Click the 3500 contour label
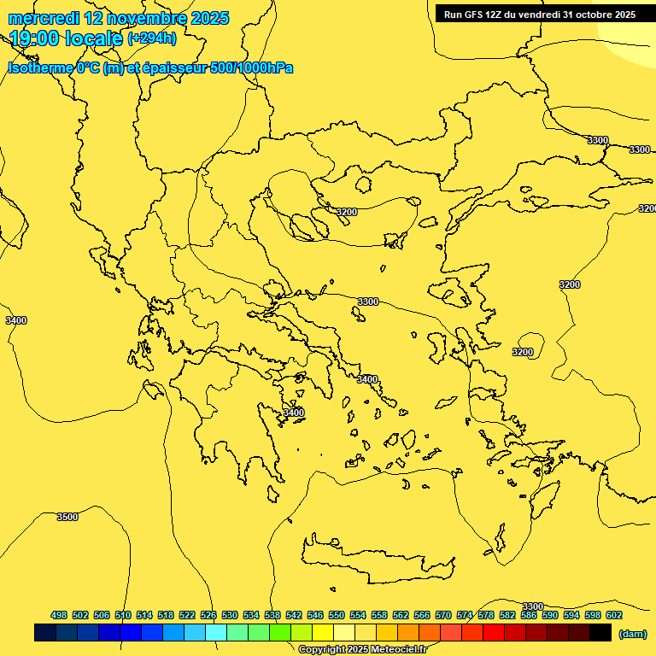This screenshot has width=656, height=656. tap(67, 517)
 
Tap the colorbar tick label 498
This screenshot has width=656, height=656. tap(59, 615)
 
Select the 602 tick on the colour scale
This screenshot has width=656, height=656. tap(614, 615)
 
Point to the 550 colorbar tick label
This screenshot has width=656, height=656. tap(337, 615)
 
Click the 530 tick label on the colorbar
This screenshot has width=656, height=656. tap(230, 615)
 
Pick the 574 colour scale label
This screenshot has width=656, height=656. tap(465, 615)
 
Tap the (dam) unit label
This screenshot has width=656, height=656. tap(632, 633)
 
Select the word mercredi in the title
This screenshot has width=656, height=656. tap(44, 18)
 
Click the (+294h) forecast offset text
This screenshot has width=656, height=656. tap(152, 38)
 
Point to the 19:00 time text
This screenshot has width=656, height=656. tap(38, 38)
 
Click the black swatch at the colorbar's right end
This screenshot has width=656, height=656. tap(600, 633)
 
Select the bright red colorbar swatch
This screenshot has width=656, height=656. tap(494, 633)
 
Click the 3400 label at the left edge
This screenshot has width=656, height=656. tap(15, 320)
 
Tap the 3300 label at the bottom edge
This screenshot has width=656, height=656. tap(532, 606)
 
